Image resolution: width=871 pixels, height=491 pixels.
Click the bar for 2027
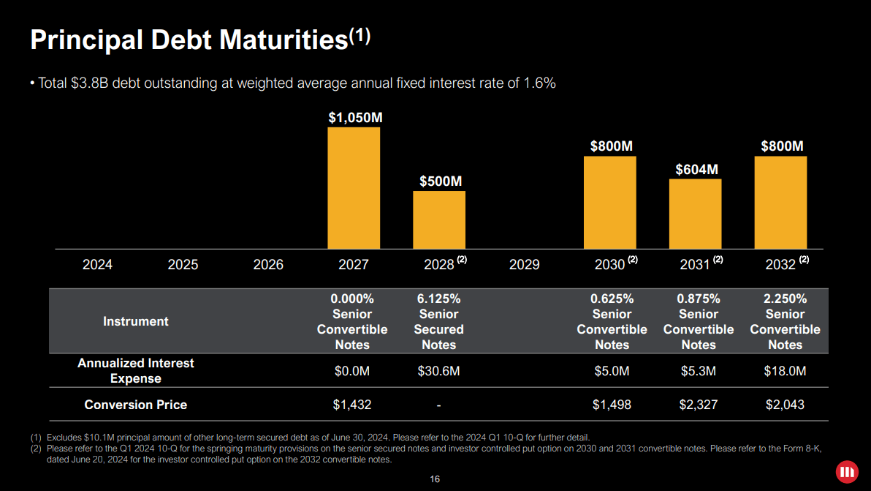[x=354, y=188]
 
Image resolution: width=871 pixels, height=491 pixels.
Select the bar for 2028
[x=439, y=220]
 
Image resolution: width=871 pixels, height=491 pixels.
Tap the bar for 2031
[x=695, y=214]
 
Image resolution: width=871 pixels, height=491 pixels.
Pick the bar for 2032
[x=780, y=203]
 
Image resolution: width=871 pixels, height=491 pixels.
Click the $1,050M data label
[x=354, y=117]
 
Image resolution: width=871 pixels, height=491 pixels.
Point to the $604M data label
[x=696, y=170]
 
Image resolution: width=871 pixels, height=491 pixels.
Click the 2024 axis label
[x=97, y=265]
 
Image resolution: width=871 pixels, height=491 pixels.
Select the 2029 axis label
[x=524, y=265]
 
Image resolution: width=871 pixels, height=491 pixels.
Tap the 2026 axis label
[x=268, y=265]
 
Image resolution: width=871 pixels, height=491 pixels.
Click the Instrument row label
[x=136, y=321]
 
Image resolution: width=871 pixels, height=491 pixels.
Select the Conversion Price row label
[x=136, y=405]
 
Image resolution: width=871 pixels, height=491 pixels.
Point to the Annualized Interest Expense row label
[x=136, y=371]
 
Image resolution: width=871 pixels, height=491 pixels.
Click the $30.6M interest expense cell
[x=438, y=372]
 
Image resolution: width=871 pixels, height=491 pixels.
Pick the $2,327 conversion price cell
[x=698, y=405]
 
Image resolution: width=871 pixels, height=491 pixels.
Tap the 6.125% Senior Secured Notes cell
[x=438, y=321]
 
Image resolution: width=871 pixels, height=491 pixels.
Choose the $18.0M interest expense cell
[x=785, y=372]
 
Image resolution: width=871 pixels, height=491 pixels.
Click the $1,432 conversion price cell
[x=352, y=405]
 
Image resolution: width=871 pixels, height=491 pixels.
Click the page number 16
[x=435, y=479]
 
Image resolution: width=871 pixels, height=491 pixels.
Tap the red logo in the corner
[x=847, y=471]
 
